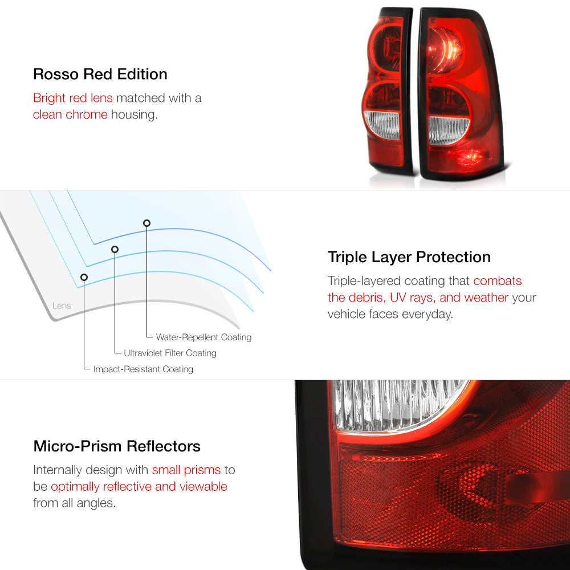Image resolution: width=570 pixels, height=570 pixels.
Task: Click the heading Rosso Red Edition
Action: pyautogui.click(x=100, y=74)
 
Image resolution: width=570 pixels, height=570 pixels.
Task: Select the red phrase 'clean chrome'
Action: pyautogui.click(x=70, y=115)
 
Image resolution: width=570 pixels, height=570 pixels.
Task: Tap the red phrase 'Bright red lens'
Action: pyautogui.click(x=73, y=98)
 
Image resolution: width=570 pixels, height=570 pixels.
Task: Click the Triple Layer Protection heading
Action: pyautogui.click(x=409, y=257)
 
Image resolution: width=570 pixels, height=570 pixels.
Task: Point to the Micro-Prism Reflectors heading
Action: pyautogui.click(x=117, y=446)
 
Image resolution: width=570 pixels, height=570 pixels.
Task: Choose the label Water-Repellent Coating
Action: pyautogui.click(x=203, y=337)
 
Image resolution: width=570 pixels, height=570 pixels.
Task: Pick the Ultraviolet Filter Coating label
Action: pyautogui.click(x=170, y=353)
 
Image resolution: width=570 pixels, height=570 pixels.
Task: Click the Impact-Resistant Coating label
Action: pyautogui.click(x=143, y=369)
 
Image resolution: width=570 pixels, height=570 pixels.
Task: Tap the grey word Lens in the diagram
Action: pyautogui.click(x=62, y=306)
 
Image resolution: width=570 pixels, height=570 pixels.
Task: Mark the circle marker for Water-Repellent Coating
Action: pyautogui.click(x=146, y=223)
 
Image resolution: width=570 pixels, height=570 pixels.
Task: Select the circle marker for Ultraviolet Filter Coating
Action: pyautogui.click(x=115, y=250)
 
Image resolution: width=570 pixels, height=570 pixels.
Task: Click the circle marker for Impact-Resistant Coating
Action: pyautogui.click(x=84, y=278)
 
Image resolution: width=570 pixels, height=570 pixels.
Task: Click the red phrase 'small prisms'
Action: pyautogui.click(x=186, y=470)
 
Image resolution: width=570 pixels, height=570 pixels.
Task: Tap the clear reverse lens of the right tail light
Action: pyautogui.click(x=448, y=130)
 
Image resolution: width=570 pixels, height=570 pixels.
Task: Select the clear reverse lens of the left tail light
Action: pyautogui.click(x=382, y=125)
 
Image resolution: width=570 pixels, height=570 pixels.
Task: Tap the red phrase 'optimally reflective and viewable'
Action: pyautogui.click(x=139, y=486)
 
